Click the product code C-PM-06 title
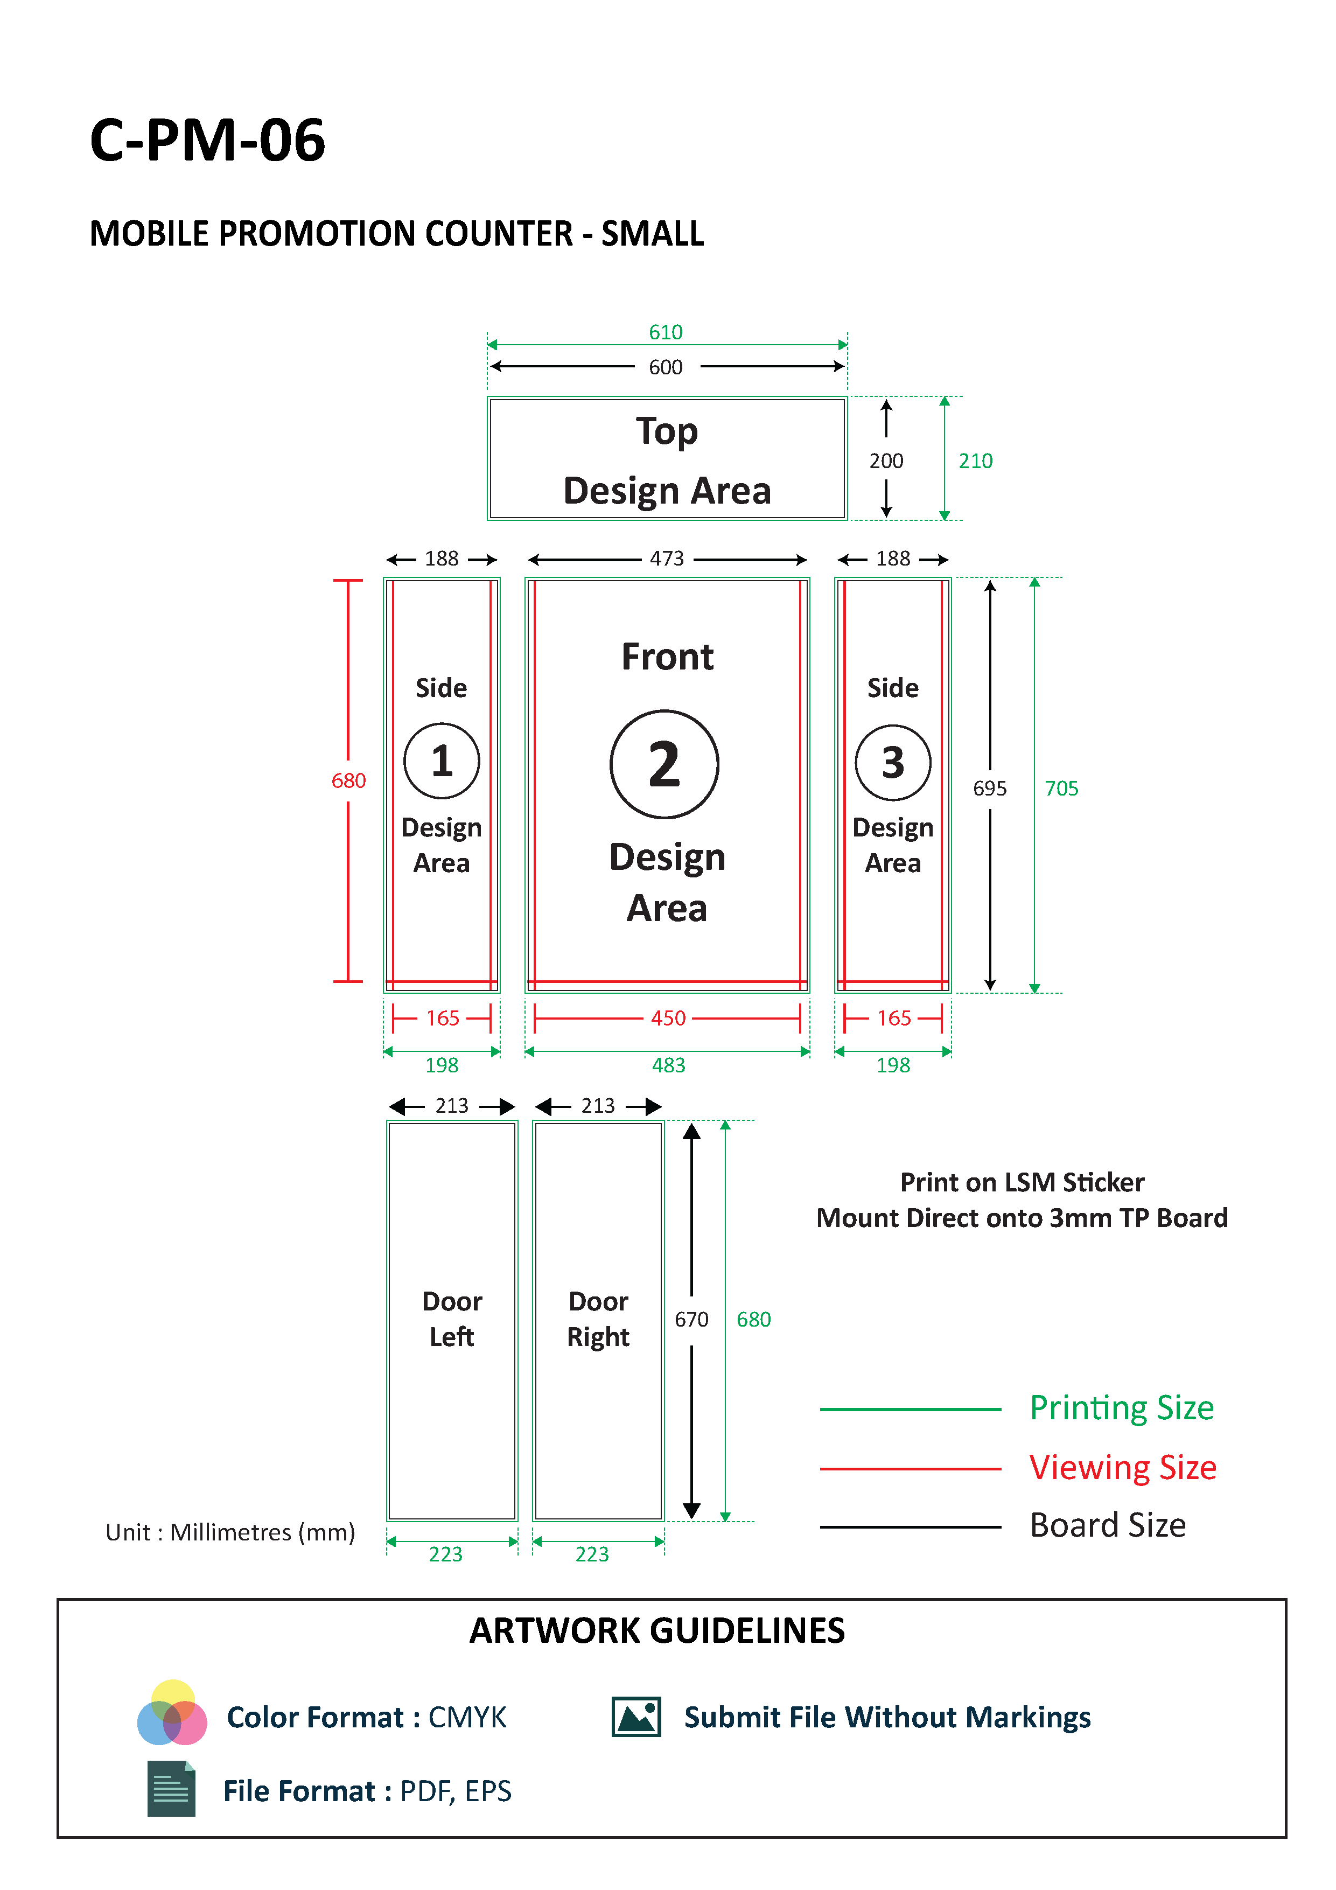[207, 140]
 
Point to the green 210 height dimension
[975, 461]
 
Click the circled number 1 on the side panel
[442, 761]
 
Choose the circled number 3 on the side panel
[893, 762]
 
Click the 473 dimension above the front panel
[667, 559]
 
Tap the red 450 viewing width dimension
[668, 1019]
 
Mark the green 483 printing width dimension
[668, 1065]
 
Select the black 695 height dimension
[989, 789]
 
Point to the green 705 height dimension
[1061, 789]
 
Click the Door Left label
[452, 1319]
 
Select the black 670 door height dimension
[691, 1320]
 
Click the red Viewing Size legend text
[1123, 1468]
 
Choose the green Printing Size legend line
[911, 1409]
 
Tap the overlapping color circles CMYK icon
[172, 1712]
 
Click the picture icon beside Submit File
[636, 1717]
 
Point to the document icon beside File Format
[171, 1789]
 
